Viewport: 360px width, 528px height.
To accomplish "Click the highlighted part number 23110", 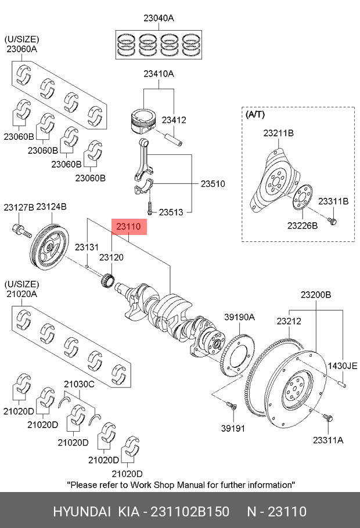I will pyautogui.click(x=128, y=227).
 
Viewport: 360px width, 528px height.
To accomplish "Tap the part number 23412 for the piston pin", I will pyautogui.click(x=174, y=120).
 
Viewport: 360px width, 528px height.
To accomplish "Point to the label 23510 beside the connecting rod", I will pyautogui.click(x=213, y=184).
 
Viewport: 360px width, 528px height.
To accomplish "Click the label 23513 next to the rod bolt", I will pyautogui.click(x=171, y=212).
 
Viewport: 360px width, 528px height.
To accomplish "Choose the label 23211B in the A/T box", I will pyautogui.click(x=278, y=133).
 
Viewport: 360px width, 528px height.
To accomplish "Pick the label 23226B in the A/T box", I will pyautogui.click(x=303, y=225).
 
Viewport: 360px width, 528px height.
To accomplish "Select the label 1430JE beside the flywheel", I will pyautogui.click(x=343, y=366).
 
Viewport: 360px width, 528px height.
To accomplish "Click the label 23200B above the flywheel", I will pyautogui.click(x=316, y=295).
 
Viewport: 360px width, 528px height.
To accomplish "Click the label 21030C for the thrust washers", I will pyautogui.click(x=79, y=384).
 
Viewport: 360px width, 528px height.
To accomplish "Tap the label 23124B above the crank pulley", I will pyautogui.click(x=52, y=207).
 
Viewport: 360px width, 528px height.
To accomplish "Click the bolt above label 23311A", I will pyautogui.click(x=327, y=418).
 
